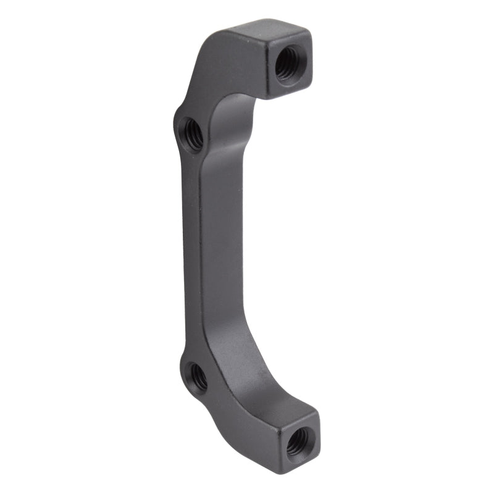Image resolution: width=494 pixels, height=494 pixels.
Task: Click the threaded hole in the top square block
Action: (288, 62)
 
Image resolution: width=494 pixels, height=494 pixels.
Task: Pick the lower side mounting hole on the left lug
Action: (197, 377)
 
